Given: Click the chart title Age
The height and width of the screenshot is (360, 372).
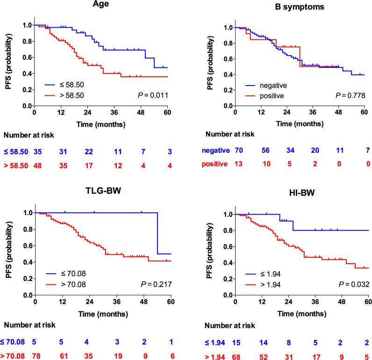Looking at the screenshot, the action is click(101, 4).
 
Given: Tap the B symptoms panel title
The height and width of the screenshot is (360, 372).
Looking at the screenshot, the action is click(300, 7).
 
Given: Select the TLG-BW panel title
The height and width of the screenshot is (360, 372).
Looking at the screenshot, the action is click(103, 191).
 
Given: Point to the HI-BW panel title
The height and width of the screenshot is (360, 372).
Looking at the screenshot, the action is click(302, 193).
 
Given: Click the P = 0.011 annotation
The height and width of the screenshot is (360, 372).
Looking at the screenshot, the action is click(153, 95).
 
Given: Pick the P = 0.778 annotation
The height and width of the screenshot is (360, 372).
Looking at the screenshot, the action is click(351, 95).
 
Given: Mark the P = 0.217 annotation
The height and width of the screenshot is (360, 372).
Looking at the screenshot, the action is click(157, 284).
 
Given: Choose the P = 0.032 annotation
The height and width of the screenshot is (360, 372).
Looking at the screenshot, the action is click(354, 284).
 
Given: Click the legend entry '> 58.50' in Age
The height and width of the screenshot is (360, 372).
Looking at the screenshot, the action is click(64, 95).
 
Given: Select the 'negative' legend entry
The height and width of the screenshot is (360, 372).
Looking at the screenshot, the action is click(266, 86).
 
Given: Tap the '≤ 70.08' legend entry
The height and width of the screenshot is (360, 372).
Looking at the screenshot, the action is click(66, 274).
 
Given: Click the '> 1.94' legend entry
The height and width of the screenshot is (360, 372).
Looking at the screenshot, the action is click(263, 285).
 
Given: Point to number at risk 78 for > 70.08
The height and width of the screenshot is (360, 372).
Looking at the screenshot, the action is click(36, 356).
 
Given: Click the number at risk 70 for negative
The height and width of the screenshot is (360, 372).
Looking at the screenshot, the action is click(239, 150).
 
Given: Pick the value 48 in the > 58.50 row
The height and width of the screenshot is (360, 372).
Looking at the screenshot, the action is click(38, 166).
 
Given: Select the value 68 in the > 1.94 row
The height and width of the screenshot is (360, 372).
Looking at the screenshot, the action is click(236, 357).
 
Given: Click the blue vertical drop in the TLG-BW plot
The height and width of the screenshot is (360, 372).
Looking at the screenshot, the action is click(157, 233).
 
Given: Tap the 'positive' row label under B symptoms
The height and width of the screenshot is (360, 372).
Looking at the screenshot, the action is click(215, 164).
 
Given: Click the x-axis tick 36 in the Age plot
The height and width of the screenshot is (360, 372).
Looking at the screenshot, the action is click(114, 112).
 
